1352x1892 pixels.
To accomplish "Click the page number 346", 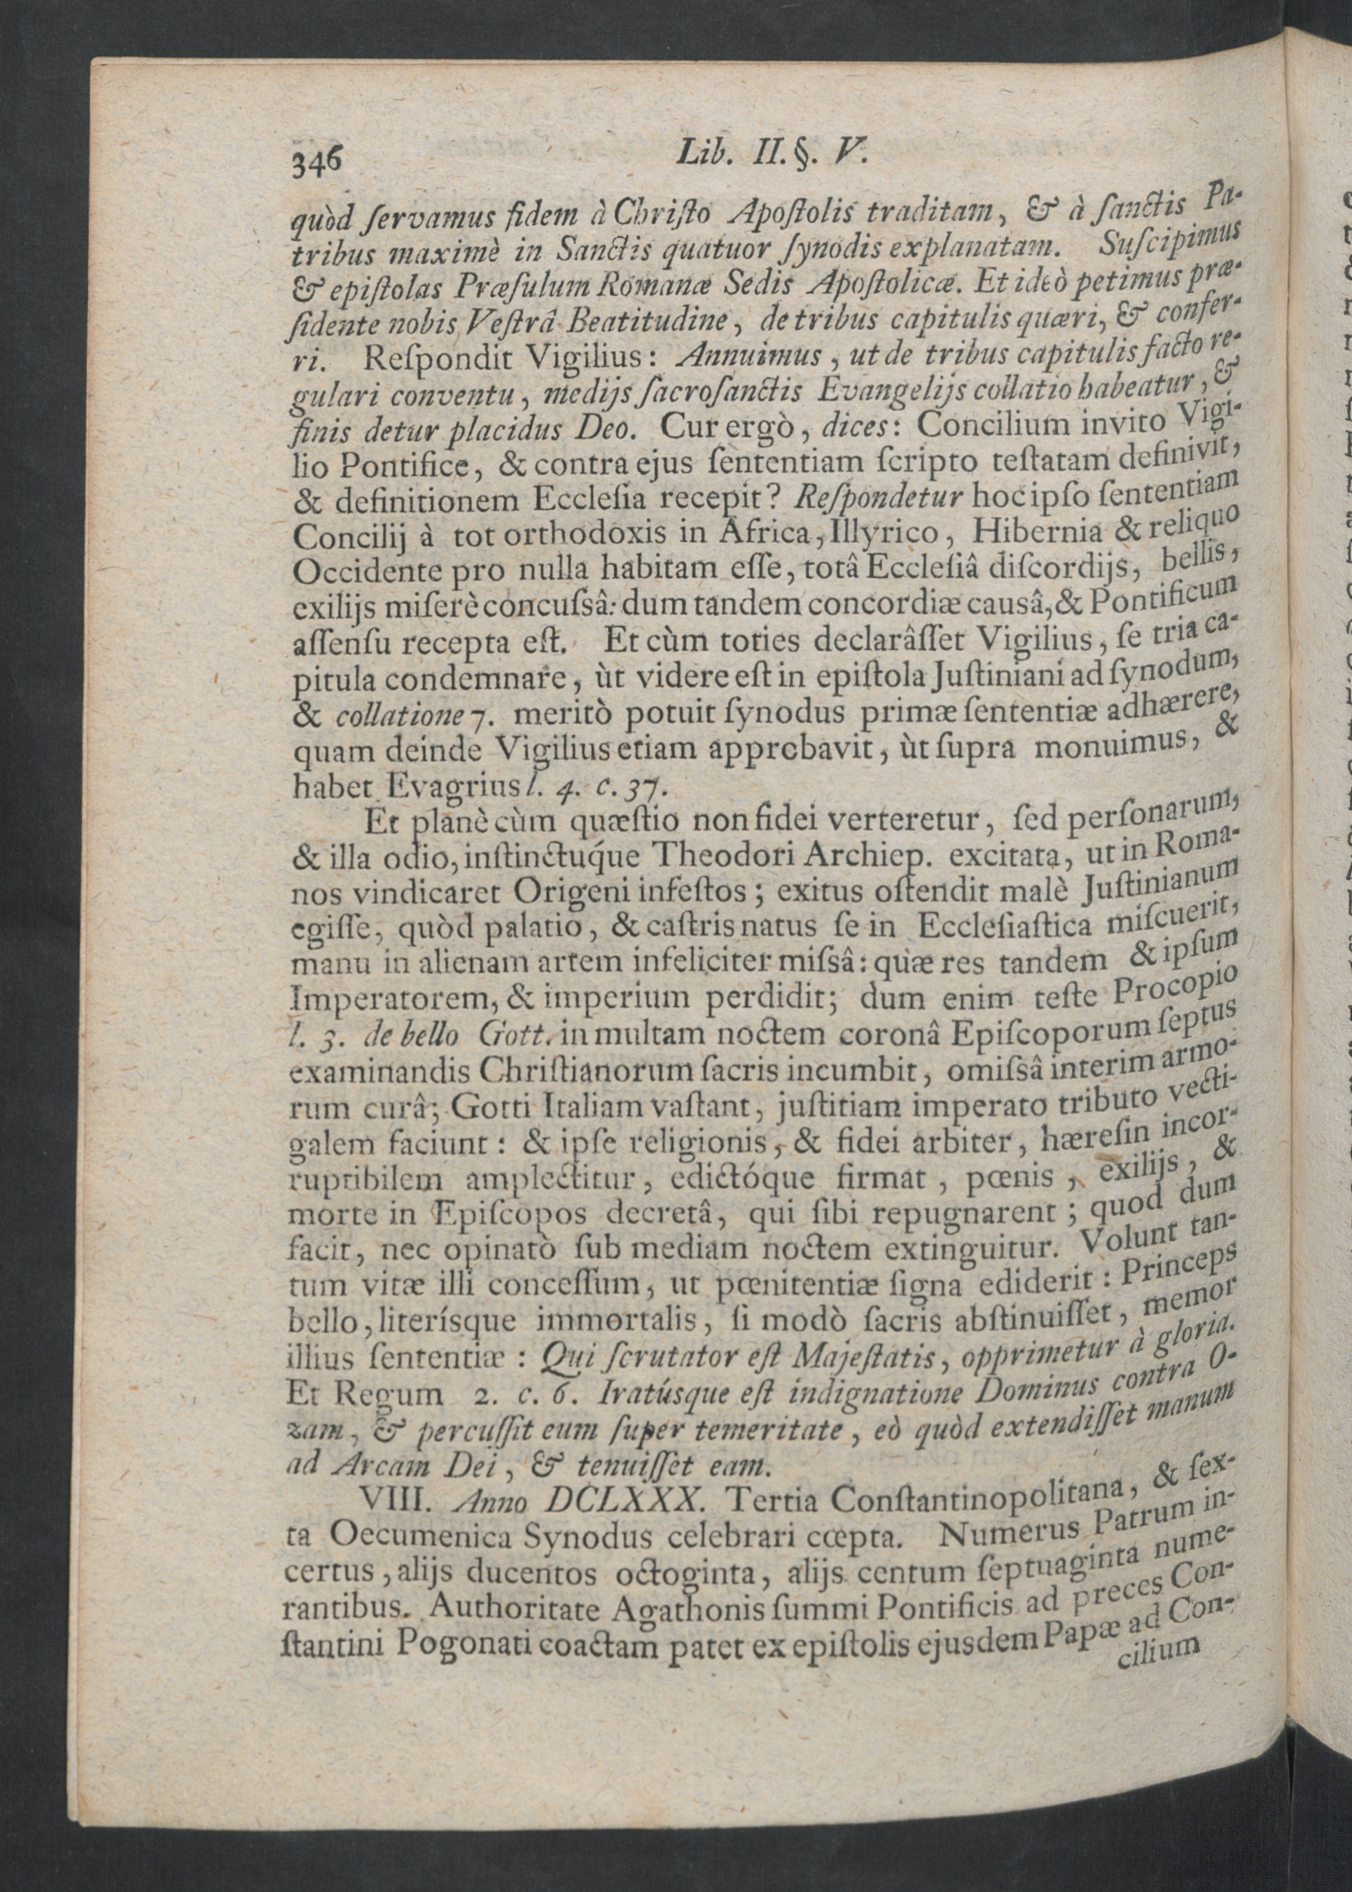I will (313, 155).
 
